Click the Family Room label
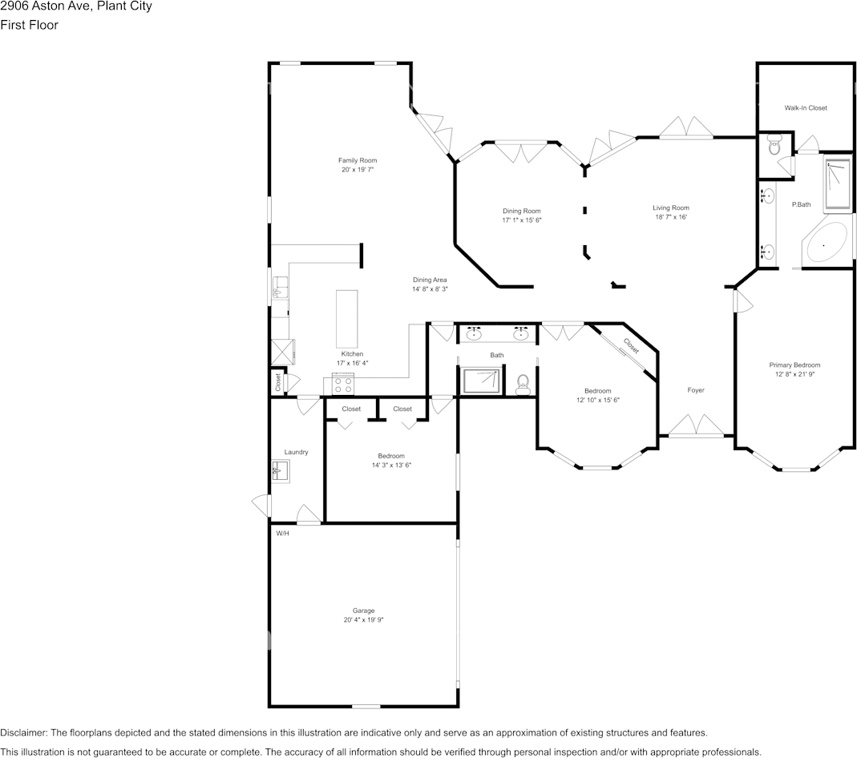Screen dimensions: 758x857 coord(357,160)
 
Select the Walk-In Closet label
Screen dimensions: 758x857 coord(805,108)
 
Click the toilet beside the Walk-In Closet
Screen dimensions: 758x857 coord(774,146)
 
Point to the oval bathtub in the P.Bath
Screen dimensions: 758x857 coord(827,244)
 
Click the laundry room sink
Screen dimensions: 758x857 coord(280,470)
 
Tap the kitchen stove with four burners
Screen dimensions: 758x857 coord(343,386)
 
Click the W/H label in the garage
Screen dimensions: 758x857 coord(282,534)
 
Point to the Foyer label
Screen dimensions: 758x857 coord(696,390)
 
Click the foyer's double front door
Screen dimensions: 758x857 coord(696,426)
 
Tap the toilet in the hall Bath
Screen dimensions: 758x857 coord(523,384)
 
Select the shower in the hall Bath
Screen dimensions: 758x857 coord(481,381)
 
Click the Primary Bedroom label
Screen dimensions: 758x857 coord(794,365)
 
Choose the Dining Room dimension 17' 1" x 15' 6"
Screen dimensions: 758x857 coord(522,220)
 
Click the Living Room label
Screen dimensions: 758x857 coord(670,208)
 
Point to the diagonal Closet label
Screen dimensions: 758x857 coord(631,346)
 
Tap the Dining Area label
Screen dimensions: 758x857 coord(430,280)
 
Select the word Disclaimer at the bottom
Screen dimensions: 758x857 coord(23,733)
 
